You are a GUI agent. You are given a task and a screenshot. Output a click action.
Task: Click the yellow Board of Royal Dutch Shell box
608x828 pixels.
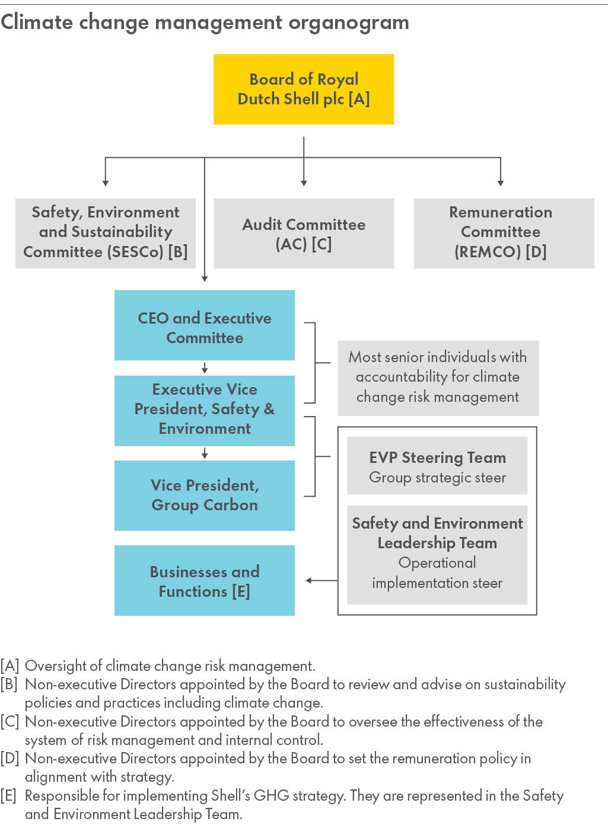[304, 89]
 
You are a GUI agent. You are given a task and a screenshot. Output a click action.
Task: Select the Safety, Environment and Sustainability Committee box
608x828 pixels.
[106, 232]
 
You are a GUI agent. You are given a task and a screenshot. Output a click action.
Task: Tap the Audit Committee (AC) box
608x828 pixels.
[304, 233]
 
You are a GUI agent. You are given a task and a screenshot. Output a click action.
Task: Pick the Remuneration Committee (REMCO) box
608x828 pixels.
[504, 232]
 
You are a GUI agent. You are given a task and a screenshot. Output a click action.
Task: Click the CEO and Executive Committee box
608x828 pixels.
[205, 325]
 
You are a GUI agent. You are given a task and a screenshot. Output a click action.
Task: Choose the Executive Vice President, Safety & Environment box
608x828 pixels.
[205, 410]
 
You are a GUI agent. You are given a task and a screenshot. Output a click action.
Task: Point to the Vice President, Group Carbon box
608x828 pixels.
[205, 495]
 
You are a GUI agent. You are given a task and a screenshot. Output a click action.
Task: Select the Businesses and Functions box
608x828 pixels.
[205, 580]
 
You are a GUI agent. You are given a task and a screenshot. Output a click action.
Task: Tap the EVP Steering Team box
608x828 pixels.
[437, 466]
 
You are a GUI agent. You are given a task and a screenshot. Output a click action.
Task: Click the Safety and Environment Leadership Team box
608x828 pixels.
[437, 554]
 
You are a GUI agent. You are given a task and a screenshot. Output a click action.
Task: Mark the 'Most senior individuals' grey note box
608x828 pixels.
[438, 378]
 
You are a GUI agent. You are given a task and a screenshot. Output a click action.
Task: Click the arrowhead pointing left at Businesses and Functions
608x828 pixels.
[309, 580]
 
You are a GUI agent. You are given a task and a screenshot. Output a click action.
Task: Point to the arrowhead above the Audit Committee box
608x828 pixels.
[304, 183]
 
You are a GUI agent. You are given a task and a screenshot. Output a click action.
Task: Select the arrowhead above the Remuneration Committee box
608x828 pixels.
[501, 183]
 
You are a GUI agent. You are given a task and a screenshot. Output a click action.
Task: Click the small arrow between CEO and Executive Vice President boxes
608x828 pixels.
[205, 369]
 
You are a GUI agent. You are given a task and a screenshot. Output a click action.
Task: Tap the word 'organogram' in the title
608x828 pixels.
[349, 23]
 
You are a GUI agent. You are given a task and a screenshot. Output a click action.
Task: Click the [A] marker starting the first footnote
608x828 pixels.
[10, 666]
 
